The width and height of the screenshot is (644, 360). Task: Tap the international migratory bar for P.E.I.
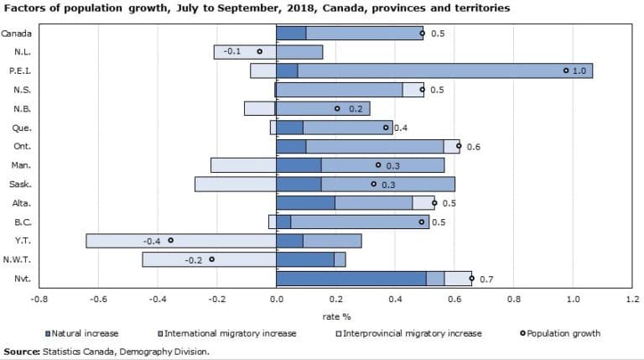444,70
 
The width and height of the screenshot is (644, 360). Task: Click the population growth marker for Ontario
459,146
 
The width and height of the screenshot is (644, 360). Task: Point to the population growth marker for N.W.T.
211,259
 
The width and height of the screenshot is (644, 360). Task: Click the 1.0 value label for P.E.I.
579,71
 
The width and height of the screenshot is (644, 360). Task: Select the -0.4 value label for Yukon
152,241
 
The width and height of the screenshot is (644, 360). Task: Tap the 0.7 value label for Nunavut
486,279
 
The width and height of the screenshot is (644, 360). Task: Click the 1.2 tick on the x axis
632,298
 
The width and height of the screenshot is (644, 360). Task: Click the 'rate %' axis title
335,316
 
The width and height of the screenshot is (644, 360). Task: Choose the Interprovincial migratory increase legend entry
410,333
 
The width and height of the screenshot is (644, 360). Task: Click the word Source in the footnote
21,351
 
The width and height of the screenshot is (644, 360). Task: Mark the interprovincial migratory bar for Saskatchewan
236,184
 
